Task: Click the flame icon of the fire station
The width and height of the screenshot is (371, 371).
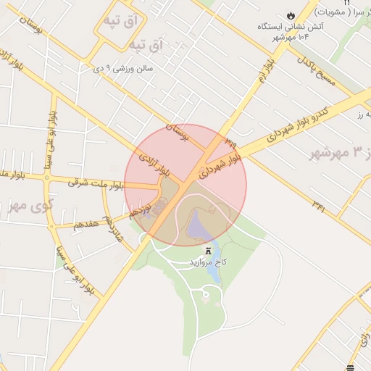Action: [x=291, y=14]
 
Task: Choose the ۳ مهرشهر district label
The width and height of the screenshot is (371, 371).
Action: [x=339, y=152]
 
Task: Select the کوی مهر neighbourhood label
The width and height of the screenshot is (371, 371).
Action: [x=30, y=204]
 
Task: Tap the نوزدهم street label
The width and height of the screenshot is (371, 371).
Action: [x=140, y=210]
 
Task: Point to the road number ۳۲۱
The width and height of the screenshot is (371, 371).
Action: [x=319, y=208]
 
